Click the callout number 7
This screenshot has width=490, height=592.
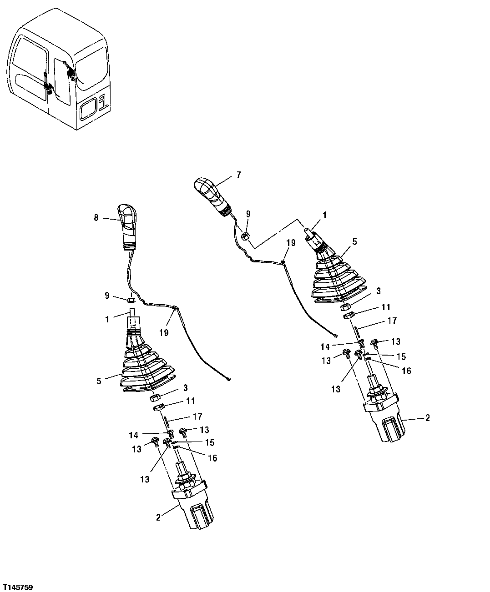[x=239, y=175]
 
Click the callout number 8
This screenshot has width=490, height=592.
[x=96, y=218]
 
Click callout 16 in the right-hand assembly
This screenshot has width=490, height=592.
[x=406, y=371]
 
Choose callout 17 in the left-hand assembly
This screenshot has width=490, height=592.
[x=197, y=416]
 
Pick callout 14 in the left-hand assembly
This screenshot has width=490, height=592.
[x=133, y=435]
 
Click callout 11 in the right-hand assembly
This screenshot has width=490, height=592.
[x=386, y=307]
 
